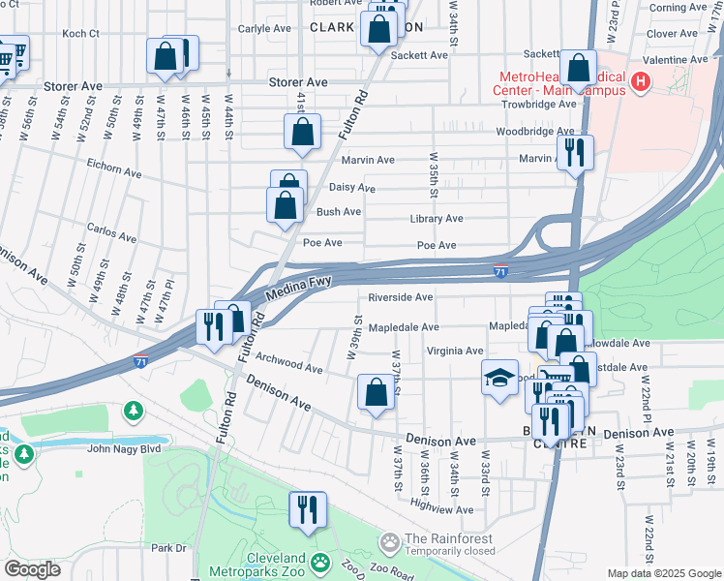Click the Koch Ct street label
pyautogui.click(x=80, y=33)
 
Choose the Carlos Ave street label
pyautogui.click(x=111, y=233)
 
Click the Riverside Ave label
pyautogui.click(x=401, y=297)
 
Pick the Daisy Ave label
pyautogui.click(x=352, y=188)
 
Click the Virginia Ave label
pyautogui.click(x=454, y=351)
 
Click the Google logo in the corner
pyautogui.click(x=32, y=569)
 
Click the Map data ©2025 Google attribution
pyautogui.click(x=663, y=573)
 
